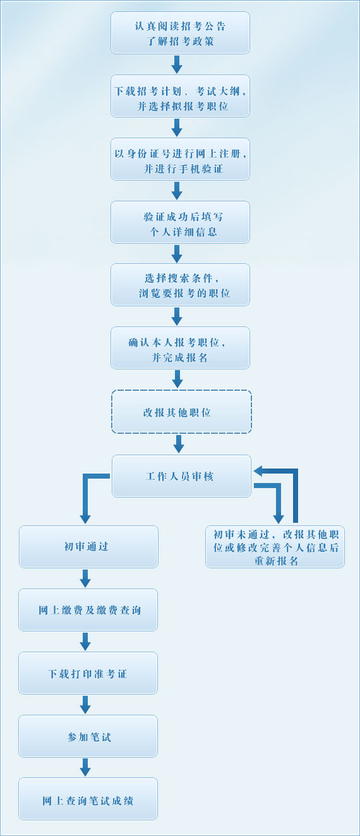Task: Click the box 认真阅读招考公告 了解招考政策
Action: click(x=180, y=33)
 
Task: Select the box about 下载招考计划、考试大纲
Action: click(x=180, y=96)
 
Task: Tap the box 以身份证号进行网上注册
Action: click(x=180, y=159)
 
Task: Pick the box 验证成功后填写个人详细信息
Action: click(x=180, y=222)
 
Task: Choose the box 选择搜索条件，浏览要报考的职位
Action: click(x=180, y=285)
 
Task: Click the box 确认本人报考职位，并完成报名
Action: click(x=180, y=348)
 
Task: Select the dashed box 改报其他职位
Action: click(x=181, y=412)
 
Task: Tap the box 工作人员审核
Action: click(x=181, y=476)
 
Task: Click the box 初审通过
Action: click(x=88, y=547)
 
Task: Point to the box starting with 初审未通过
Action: click(x=275, y=547)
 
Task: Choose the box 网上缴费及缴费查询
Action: click(x=88, y=610)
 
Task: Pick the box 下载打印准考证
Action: click(x=88, y=673)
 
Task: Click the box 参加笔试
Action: click(x=88, y=736)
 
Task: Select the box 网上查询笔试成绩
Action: click(x=88, y=799)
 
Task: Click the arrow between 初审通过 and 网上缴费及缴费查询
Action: click(x=85, y=578)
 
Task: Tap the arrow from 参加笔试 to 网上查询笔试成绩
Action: click(x=85, y=767)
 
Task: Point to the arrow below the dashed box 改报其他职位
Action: click(x=179, y=443)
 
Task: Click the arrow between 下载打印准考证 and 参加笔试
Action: click(x=85, y=704)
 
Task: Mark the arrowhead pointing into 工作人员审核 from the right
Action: click(x=259, y=471)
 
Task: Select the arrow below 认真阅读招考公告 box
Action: click(x=177, y=64)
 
